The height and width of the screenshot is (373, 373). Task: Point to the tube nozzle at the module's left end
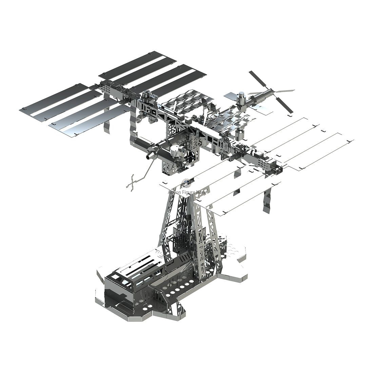(x=149, y=156)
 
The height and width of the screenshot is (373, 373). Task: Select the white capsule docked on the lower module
(x=174, y=150)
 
